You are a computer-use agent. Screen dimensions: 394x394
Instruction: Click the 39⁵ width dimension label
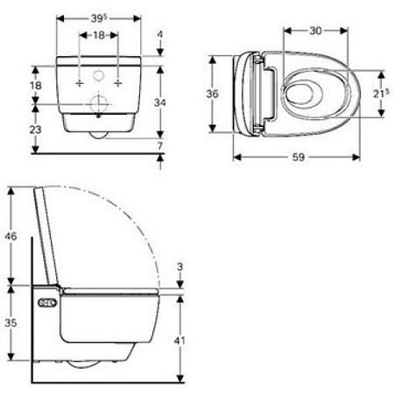(98, 18)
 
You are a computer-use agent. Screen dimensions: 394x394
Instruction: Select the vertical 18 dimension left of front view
(34, 85)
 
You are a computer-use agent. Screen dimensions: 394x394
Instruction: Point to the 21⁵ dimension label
(377, 93)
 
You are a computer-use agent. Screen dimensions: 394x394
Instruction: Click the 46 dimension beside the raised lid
(10, 236)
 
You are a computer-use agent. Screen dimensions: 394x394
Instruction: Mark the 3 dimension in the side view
(179, 265)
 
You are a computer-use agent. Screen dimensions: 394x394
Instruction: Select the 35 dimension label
(10, 321)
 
